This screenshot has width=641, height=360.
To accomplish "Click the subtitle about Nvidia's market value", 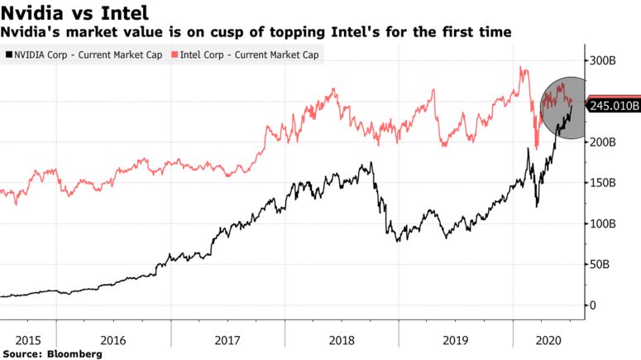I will pos(256,32).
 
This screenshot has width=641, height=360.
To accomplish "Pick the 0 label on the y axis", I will pos(593,305).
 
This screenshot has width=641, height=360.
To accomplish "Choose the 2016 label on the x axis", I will pos(113,339).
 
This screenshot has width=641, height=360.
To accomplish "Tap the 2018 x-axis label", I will pos(341,339).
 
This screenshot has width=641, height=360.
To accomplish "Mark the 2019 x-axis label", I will pos(454,339).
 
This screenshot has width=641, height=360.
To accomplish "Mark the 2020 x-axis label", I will pos(548,339).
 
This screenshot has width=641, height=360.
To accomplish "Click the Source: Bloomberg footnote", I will pos(53,354).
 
